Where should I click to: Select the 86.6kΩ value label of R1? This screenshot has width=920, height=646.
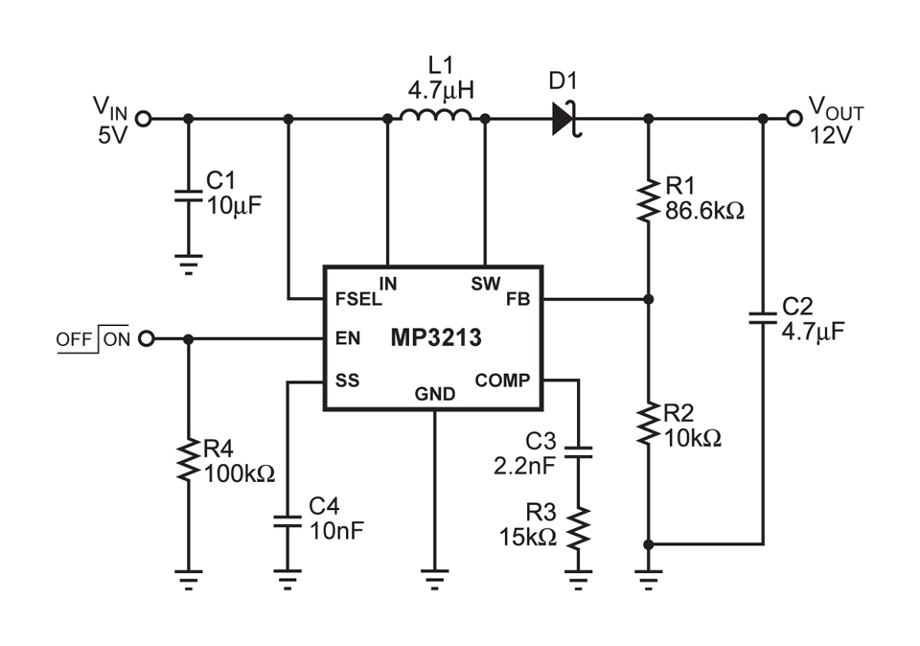pos(704,209)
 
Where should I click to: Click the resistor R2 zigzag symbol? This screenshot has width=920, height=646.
pos(649,425)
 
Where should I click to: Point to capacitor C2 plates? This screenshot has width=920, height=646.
pos(763,318)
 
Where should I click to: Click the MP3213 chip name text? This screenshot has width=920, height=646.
pos(436,338)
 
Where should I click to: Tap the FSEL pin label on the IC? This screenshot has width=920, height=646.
pos(356,298)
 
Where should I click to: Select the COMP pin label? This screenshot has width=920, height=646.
pos(502,381)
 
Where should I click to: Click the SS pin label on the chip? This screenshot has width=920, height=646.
pos(347,381)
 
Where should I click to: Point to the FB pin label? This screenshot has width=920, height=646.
pos(517,298)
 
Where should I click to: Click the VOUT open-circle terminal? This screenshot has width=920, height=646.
pos(793,119)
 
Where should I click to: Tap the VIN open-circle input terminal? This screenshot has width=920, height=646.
pos(144,119)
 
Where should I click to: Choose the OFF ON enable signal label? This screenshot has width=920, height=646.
pos(92,338)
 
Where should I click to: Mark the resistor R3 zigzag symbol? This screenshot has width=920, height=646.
pos(578,527)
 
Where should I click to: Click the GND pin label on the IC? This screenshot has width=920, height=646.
pos(435,393)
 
